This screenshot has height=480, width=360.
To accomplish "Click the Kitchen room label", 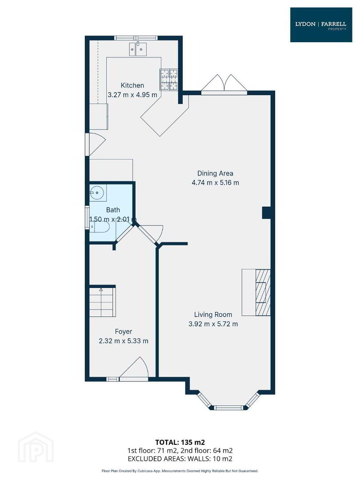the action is point(132,85).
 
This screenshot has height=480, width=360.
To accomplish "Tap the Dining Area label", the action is point(215,173).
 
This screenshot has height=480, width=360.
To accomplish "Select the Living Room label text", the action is point(213,314).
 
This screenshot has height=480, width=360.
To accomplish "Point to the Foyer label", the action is point(124,332).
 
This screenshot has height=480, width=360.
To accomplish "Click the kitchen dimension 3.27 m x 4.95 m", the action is point(132,95).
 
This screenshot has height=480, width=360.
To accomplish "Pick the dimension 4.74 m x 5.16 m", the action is point(215,183).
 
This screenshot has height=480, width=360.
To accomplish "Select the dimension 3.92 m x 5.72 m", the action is point(213,324).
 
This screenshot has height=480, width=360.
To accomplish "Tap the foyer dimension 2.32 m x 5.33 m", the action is point(124,341).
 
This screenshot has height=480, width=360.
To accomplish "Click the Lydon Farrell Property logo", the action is point(321,25).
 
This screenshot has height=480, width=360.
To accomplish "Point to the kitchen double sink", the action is point(138,49).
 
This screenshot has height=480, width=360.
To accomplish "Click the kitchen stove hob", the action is point(169,79).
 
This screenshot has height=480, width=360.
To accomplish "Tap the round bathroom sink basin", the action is point(97,193).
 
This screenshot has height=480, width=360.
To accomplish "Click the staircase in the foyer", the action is point(103,302).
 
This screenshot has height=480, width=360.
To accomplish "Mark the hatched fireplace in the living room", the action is point(263,292).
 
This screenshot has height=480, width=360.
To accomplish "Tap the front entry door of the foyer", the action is point(133,369).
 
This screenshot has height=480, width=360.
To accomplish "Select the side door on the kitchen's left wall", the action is point(96,144).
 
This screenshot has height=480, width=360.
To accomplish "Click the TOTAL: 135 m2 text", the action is point(180,442).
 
